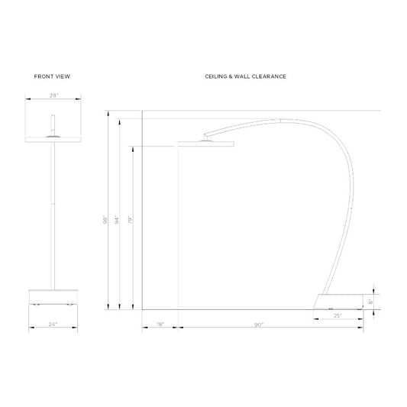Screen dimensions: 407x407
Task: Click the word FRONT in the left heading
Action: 44,76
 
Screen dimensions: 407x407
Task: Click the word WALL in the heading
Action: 242,76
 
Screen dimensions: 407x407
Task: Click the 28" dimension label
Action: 53,95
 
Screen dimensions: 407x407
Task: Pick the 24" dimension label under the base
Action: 53,325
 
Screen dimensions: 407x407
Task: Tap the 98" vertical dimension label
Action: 105,220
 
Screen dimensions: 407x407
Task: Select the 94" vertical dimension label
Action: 117,220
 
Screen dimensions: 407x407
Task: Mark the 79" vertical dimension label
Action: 131,220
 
